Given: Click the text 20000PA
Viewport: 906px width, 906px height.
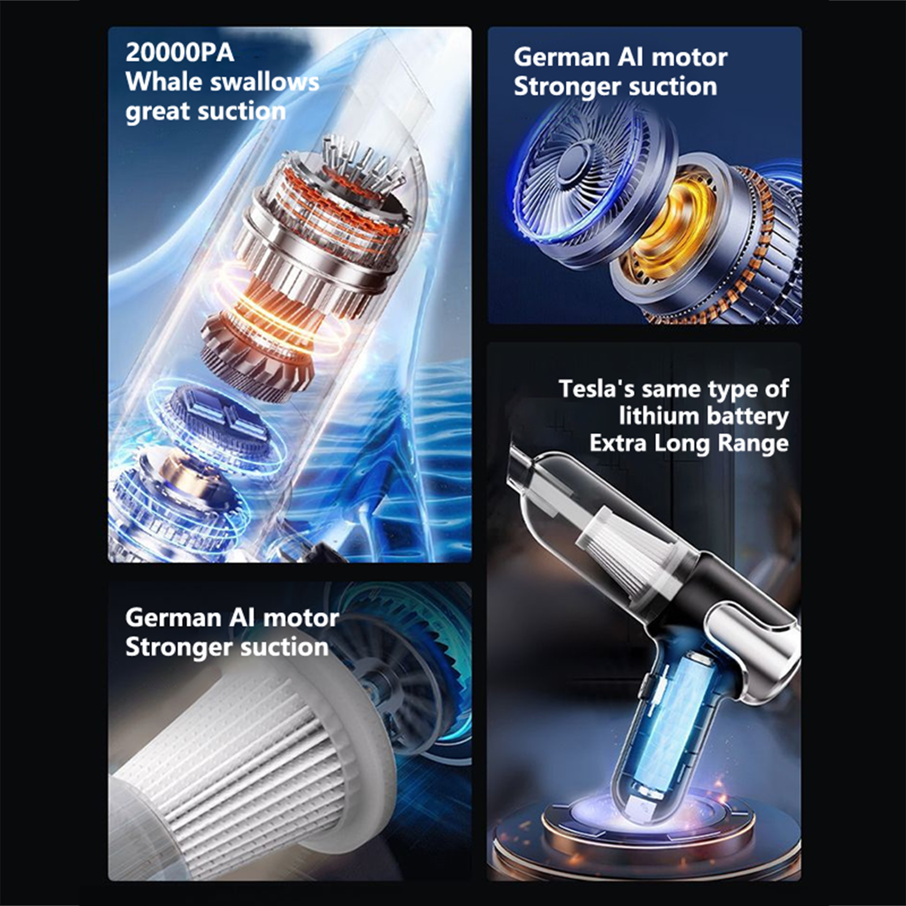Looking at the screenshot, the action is point(180,53).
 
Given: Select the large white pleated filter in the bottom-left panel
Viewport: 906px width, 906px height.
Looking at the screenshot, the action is point(249,759).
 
